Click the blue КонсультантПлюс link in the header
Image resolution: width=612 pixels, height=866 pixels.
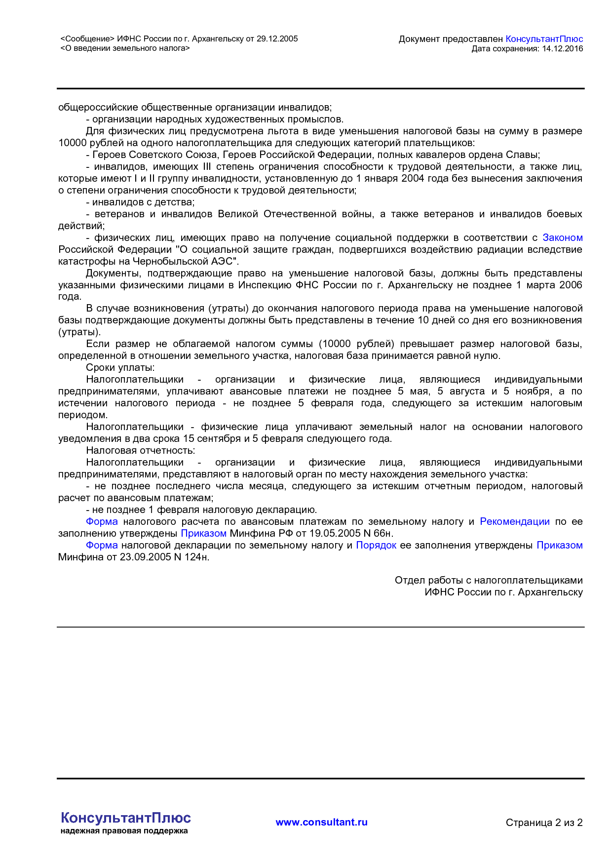(544, 39)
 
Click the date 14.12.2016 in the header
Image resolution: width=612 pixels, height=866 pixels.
(562, 48)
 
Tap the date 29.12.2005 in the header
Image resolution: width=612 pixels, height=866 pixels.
(277, 39)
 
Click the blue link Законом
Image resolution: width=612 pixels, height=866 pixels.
(562, 237)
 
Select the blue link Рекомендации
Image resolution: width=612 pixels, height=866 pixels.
(514, 521)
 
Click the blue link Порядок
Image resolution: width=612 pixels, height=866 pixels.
(376, 545)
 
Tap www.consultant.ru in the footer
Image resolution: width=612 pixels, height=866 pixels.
(321, 822)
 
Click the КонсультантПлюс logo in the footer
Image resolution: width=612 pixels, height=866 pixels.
(125, 818)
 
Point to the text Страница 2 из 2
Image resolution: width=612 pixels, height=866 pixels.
(544, 823)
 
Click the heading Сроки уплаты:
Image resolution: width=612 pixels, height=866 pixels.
(120, 367)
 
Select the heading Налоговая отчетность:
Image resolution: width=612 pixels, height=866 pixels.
(140, 450)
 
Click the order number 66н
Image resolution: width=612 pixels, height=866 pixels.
(382, 533)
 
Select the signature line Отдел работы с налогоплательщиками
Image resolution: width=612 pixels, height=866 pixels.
(489, 580)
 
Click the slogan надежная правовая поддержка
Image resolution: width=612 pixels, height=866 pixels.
(124, 831)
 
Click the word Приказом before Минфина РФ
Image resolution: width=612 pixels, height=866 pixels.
(203, 533)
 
